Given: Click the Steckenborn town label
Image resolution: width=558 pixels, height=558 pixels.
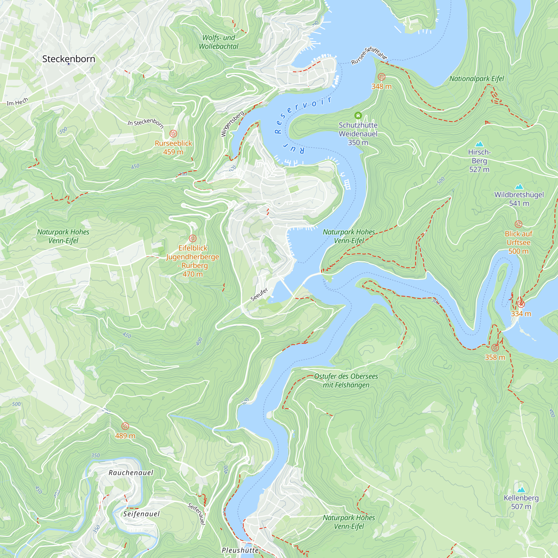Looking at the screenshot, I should tap(69, 59).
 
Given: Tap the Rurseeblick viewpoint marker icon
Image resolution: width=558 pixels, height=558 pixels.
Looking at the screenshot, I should tap(173, 133).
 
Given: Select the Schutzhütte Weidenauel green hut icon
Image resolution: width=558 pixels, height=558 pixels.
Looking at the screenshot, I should tap(358, 116).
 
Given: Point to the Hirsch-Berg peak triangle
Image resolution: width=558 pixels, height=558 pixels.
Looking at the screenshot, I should tap(479, 144).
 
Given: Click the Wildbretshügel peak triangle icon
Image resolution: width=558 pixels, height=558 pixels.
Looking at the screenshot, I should tap(519, 186).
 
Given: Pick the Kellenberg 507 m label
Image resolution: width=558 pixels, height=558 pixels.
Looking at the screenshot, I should tap(521, 502).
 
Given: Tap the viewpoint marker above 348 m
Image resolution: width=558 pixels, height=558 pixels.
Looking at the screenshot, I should tap(381, 77).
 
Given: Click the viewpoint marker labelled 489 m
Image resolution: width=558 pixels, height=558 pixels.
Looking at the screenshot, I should tap(125, 426).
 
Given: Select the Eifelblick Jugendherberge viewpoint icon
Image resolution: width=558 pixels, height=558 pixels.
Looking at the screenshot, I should tap(193, 239).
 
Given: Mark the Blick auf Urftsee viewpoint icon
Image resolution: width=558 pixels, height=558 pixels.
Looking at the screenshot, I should tap(518, 224).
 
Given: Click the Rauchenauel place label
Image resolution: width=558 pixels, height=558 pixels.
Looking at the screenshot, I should tap(131, 473).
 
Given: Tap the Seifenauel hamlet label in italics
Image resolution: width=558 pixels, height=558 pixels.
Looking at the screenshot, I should tap(141, 514).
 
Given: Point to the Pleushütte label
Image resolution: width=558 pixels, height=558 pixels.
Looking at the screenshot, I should tap(240, 550).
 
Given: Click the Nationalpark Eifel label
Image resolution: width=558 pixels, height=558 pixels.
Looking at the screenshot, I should tap(477, 79).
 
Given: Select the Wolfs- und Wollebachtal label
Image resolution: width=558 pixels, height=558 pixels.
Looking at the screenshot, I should tap(219, 42).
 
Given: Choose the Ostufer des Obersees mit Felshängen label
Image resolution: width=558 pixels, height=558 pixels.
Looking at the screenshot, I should tap(346, 380).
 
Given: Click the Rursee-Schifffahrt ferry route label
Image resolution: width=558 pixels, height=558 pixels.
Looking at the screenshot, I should tap(369, 55).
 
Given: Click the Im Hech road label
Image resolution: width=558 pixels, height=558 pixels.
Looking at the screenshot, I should tap(17, 102).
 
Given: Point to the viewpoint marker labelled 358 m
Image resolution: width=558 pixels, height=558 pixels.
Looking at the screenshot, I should tap(495, 347).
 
